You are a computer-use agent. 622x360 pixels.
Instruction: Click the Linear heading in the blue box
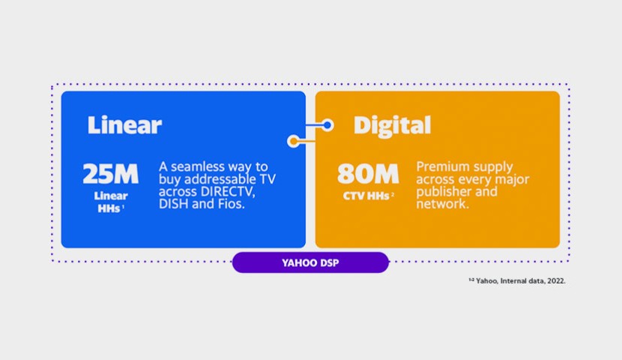coord(124,125)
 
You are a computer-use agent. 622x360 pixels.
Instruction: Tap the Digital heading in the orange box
coord(392,126)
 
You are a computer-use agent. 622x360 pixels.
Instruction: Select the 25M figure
coord(111,174)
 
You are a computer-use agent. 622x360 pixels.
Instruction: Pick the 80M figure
coord(368,174)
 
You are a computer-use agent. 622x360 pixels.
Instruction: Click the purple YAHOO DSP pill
coord(310,262)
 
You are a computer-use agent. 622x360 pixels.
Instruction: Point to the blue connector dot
coord(327,125)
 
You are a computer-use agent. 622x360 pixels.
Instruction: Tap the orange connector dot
coord(294,141)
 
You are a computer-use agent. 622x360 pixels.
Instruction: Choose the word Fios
coord(232,203)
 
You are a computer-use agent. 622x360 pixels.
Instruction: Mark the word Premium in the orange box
coord(438,166)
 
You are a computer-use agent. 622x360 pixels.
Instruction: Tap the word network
coord(443,203)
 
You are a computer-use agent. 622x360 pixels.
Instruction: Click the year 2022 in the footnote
coord(557,281)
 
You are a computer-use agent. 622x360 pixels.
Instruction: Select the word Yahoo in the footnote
coord(487,281)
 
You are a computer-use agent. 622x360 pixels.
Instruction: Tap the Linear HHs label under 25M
coord(111,202)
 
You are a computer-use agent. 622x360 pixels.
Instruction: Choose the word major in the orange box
coord(512,179)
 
